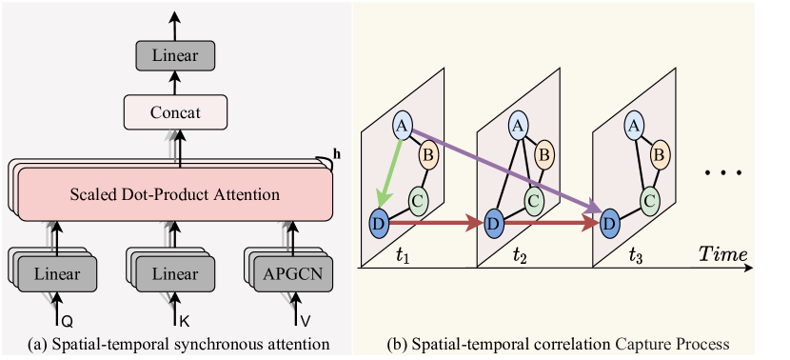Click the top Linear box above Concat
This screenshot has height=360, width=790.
click(x=173, y=56)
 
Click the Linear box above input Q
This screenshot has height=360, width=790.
click(x=56, y=274)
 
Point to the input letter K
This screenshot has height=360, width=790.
click(x=183, y=310)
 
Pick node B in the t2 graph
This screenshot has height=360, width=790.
click(x=544, y=152)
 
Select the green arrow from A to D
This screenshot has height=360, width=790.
click(x=390, y=171)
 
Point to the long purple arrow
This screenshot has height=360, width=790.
click(x=504, y=170)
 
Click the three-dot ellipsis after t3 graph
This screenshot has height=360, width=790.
click(x=722, y=174)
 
